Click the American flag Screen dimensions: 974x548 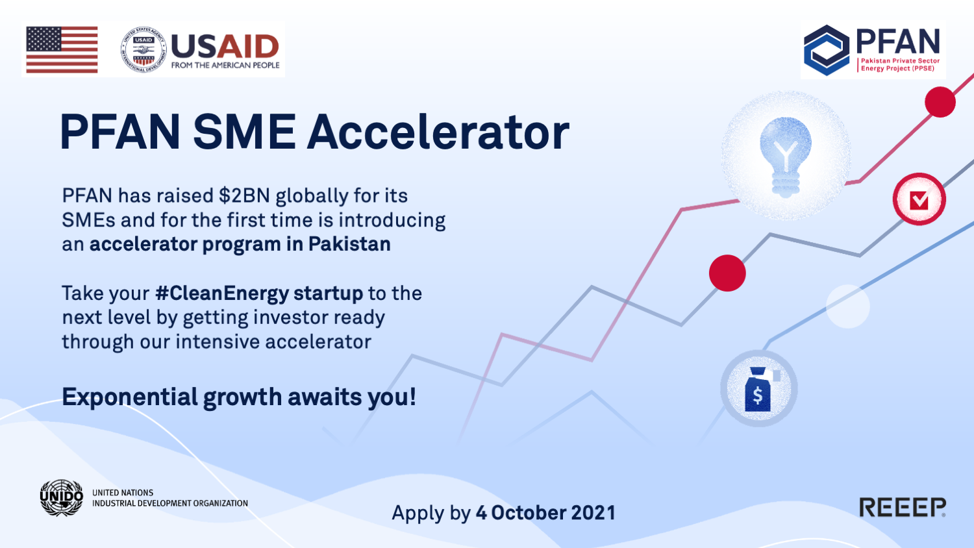pyautogui.click(x=62, y=49)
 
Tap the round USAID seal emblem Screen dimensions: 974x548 pyautogui.click(x=144, y=49)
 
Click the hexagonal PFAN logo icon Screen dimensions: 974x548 pyautogui.click(x=826, y=50)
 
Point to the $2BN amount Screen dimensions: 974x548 pyautogui.click(x=244, y=195)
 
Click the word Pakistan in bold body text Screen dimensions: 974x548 pyautogui.click(x=349, y=244)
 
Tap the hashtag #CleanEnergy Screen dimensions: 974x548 pyautogui.click(x=222, y=294)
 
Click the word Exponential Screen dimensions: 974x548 pyautogui.click(x=130, y=398)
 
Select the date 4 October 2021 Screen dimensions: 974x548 pyautogui.click(x=545, y=513)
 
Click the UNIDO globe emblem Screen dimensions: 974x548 pyautogui.click(x=61, y=497)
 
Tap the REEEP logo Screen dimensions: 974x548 pyautogui.click(x=903, y=507)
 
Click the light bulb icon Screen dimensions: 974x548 pyautogui.click(x=785, y=156)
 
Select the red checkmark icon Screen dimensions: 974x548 pyautogui.click(x=919, y=199)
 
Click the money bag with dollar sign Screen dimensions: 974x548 pyautogui.click(x=759, y=390)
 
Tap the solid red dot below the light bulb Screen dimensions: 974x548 pyautogui.click(x=727, y=273)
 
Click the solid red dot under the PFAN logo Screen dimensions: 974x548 pyautogui.click(x=940, y=102)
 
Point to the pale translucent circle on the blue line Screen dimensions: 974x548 pyautogui.click(x=847, y=306)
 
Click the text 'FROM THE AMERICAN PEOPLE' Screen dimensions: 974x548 pyautogui.click(x=225, y=65)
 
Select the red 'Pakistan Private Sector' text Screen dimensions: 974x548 pyautogui.click(x=900, y=61)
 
